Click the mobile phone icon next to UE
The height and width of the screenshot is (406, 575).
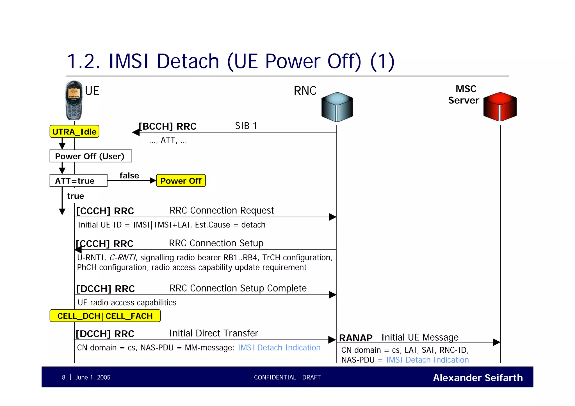[x=74, y=100]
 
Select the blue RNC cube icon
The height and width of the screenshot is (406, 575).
[x=337, y=107]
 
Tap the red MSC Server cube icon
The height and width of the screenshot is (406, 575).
[x=500, y=107]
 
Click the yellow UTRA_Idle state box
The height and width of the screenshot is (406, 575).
[x=74, y=132]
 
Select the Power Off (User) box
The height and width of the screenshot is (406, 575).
[x=90, y=156]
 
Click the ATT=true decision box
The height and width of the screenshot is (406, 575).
[x=78, y=181]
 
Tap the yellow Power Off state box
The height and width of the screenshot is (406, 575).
[x=181, y=181]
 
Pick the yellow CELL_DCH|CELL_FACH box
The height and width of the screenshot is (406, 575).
[x=105, y=316]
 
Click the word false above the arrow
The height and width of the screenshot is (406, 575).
[x=129, y=176]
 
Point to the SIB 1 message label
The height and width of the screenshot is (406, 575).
[x=246, y=126]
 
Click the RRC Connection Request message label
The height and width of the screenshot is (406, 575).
[x=222, y=210]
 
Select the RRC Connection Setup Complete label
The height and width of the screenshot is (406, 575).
[x=238, y=288]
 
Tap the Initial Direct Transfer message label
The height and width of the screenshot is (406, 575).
[x=214, y=333]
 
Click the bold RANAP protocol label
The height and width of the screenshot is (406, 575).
[x=355, y=338]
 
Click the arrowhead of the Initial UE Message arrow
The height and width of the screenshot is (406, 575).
[x=497, y=342]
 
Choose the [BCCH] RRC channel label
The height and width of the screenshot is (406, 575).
[x=168, y=126]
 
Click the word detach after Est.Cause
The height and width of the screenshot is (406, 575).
[x=253, y=225]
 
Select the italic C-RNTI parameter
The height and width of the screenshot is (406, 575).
[x=122, y=258]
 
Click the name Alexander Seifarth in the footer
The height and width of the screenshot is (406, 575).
[x=478, y=378]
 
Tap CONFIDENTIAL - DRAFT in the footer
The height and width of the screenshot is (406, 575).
[x=287, y=377]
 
